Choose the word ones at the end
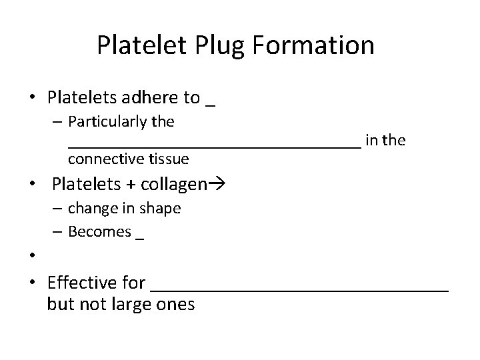click(177, 305)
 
